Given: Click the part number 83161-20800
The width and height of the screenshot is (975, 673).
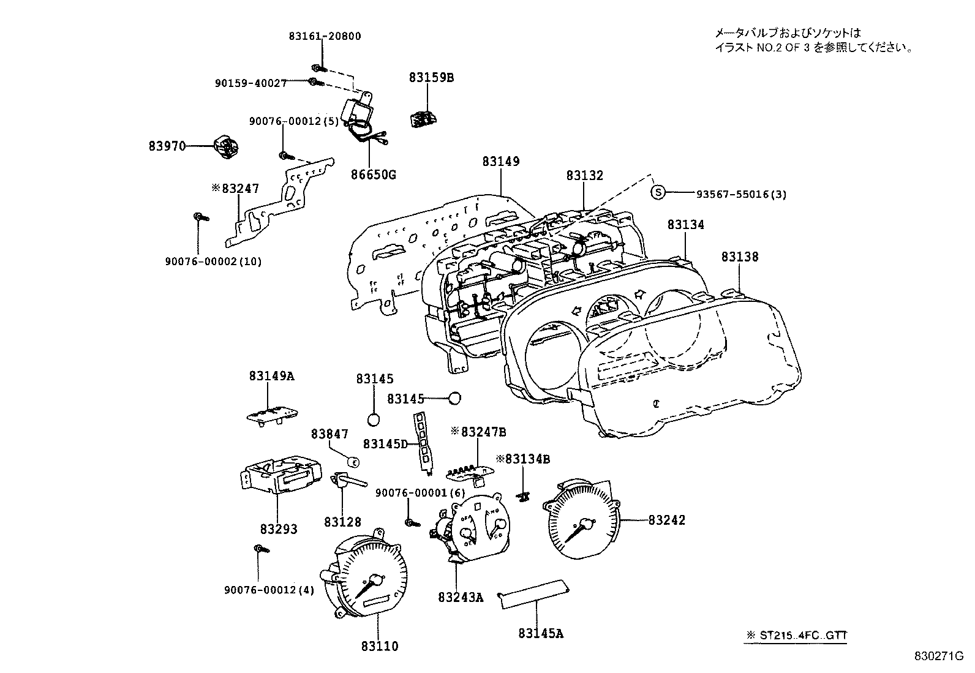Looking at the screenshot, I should (325, 36).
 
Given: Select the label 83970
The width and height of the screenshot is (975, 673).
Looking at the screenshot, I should (167, 146).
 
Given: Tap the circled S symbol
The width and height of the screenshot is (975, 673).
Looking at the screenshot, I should (657, 193).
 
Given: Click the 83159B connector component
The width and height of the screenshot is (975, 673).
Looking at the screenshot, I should (422, 118).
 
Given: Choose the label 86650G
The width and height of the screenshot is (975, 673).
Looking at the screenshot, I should (373, 175).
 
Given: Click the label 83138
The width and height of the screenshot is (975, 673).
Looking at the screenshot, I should (739, 257).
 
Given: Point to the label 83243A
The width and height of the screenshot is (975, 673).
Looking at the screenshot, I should (461, 596).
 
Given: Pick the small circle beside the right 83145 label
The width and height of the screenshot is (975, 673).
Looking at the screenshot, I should (454, 399).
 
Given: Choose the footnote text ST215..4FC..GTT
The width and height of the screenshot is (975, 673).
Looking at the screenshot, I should (803, 636).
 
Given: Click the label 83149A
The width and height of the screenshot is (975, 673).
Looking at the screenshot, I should (271, 376).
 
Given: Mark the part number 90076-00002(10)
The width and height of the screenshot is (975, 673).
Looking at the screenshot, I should (213, 261).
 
